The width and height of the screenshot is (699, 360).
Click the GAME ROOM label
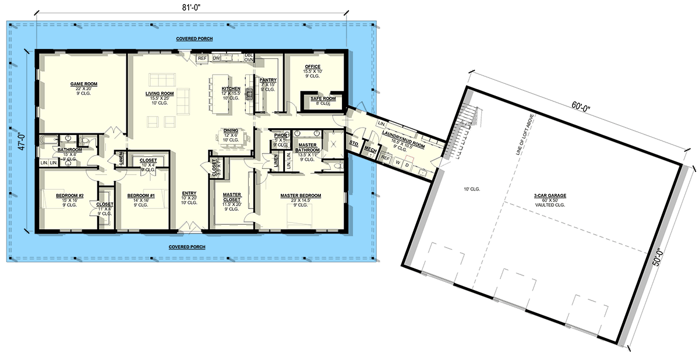pyautogui.click(x=83, y=84)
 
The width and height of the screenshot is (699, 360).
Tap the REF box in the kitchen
pyautogui.click(x=202, y=58)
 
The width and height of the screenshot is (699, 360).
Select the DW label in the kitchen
pyautogui.click(x=216, y=58)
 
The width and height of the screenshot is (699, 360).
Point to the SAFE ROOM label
pyautogui.click(x=323, y=99)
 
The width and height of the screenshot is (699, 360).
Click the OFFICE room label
pyautogui.click(x=313, y=67)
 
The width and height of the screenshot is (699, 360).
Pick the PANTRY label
pyautogui.click(x=268, y=80)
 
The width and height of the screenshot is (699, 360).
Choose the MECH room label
pyautogui.click(x=370, y=150)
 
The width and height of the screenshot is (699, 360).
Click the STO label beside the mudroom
pyautogui.click(x=352, y=143)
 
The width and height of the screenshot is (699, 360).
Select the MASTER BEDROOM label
pyautogui.click(x=301, y=196)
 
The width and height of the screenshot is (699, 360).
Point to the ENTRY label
pyautogui.click(x=189, y=193)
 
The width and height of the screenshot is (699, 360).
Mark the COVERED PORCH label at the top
pyautogui.click(x=195, y=39)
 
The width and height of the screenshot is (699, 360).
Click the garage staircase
pyautogui.click(x=466, y=113)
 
